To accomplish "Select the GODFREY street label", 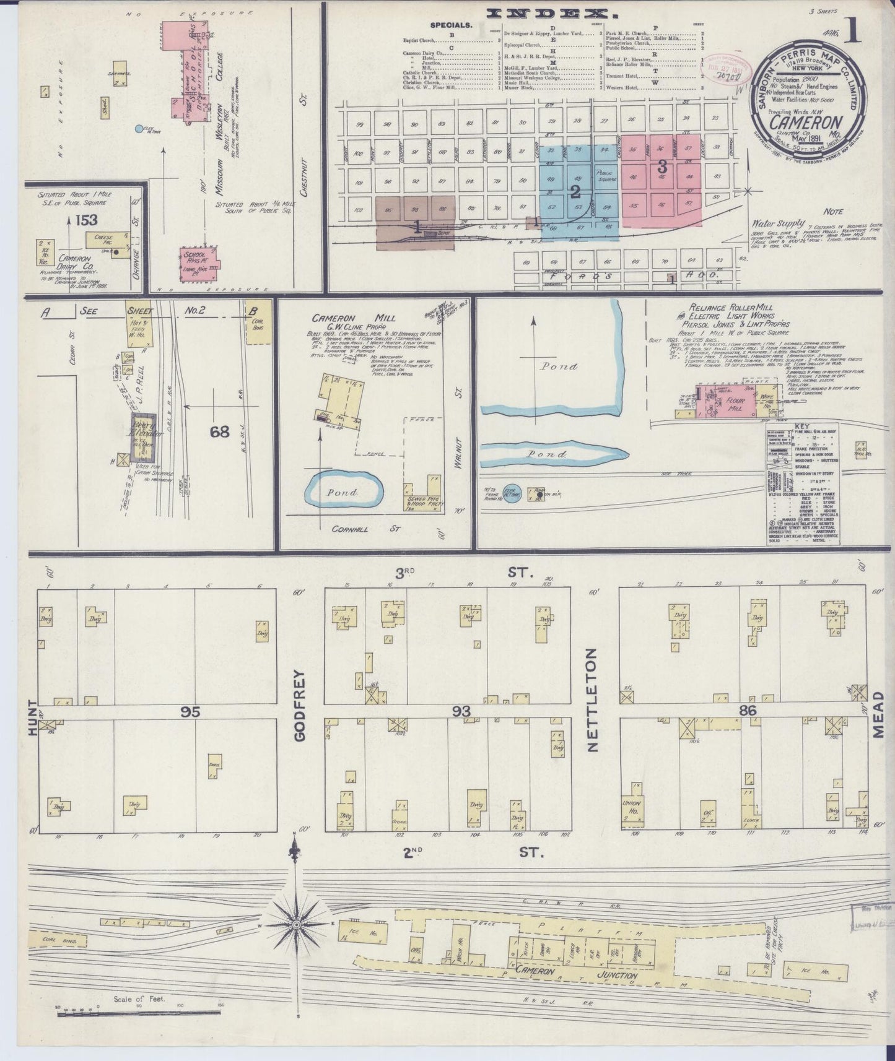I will click(x=301, y=705).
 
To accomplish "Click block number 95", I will click(x=191, y=712).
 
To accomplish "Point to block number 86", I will click(x=748, y=711).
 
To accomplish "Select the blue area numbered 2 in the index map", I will click(x=575, y=190).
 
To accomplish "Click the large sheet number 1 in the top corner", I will click(x=854, y=31).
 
